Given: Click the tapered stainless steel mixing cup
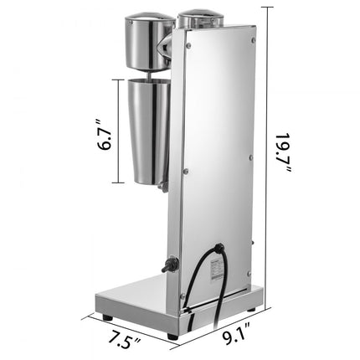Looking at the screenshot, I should point(145,130).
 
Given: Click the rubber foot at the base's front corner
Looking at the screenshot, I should point(172,334).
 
